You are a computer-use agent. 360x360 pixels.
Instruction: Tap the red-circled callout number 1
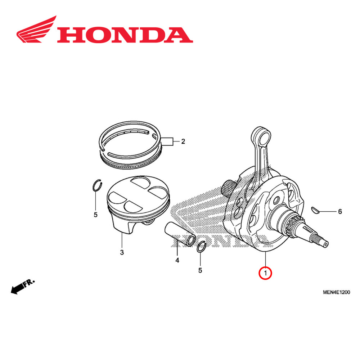point(265,273)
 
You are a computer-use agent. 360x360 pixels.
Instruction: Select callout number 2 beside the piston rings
point(183,141)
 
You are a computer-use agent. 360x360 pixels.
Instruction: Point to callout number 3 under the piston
point(122,252)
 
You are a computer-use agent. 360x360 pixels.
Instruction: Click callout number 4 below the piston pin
point(177,260)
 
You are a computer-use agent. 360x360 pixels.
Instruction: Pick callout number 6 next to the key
point(339,212)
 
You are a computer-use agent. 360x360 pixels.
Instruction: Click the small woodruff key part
point(315,209)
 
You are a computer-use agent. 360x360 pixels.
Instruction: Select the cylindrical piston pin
point(180,234)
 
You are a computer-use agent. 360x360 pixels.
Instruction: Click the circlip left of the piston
point(96,185)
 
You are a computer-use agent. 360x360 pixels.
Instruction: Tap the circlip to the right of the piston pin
point(202,248)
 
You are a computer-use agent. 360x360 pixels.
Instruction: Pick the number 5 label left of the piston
point(95,215)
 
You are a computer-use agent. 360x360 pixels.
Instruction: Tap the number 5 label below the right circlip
point(201,270)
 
